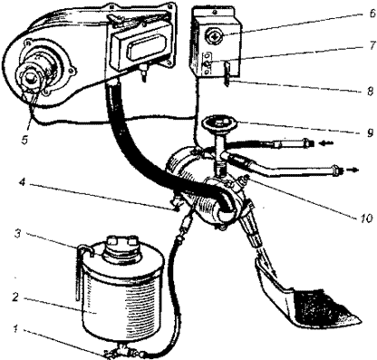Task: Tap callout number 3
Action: pyautogui.click(x=18, y=235)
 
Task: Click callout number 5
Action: pyautogui.click(x=24, y=140)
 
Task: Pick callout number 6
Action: pyautogui.click(x=371, y=14)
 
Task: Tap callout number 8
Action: pyautogui.click(x=371, y=91)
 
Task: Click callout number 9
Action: pyautogui.click(x=371, y=132)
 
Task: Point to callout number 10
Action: pyautogui.click(x=366, y=219)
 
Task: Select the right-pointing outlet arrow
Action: pyautogui.click(x=352, y=170)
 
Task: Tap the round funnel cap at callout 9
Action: pyautogui.click(x=220, y=123)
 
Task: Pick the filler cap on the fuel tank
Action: pyautogui.click(x=121, y=247)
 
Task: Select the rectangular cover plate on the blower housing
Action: pyautogui.click(x=139, y=49)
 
